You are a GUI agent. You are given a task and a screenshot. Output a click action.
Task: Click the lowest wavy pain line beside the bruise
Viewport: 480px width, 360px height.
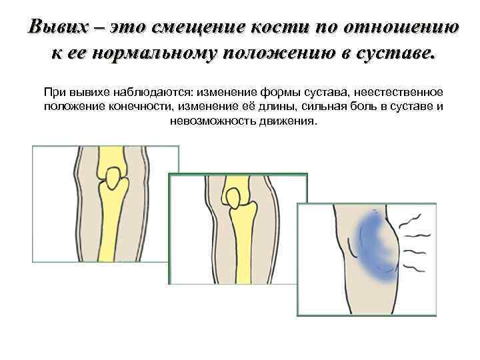point(414,269)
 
